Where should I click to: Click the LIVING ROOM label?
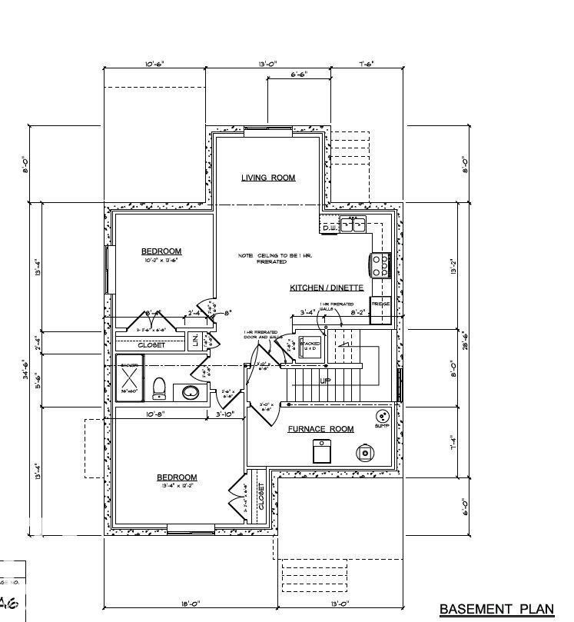point(268,178)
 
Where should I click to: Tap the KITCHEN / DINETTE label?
point(326,288)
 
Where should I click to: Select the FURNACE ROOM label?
point(320,429)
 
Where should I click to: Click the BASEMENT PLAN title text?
point(496,610)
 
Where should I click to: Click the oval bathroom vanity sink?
point(190,393)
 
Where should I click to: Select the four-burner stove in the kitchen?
point(380,264)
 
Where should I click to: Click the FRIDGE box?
point(380,304)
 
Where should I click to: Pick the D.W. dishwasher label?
point(330,228)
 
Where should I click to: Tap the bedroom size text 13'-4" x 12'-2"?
point(177,487)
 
